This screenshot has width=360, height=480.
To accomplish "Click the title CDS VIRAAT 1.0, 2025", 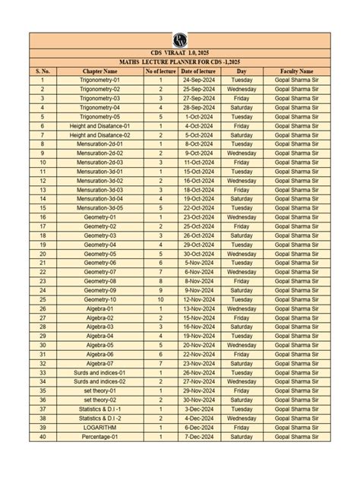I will click(180, 52).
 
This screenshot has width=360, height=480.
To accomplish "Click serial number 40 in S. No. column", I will click(43, 436).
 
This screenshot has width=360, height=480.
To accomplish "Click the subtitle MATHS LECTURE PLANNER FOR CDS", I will click(180, 61).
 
